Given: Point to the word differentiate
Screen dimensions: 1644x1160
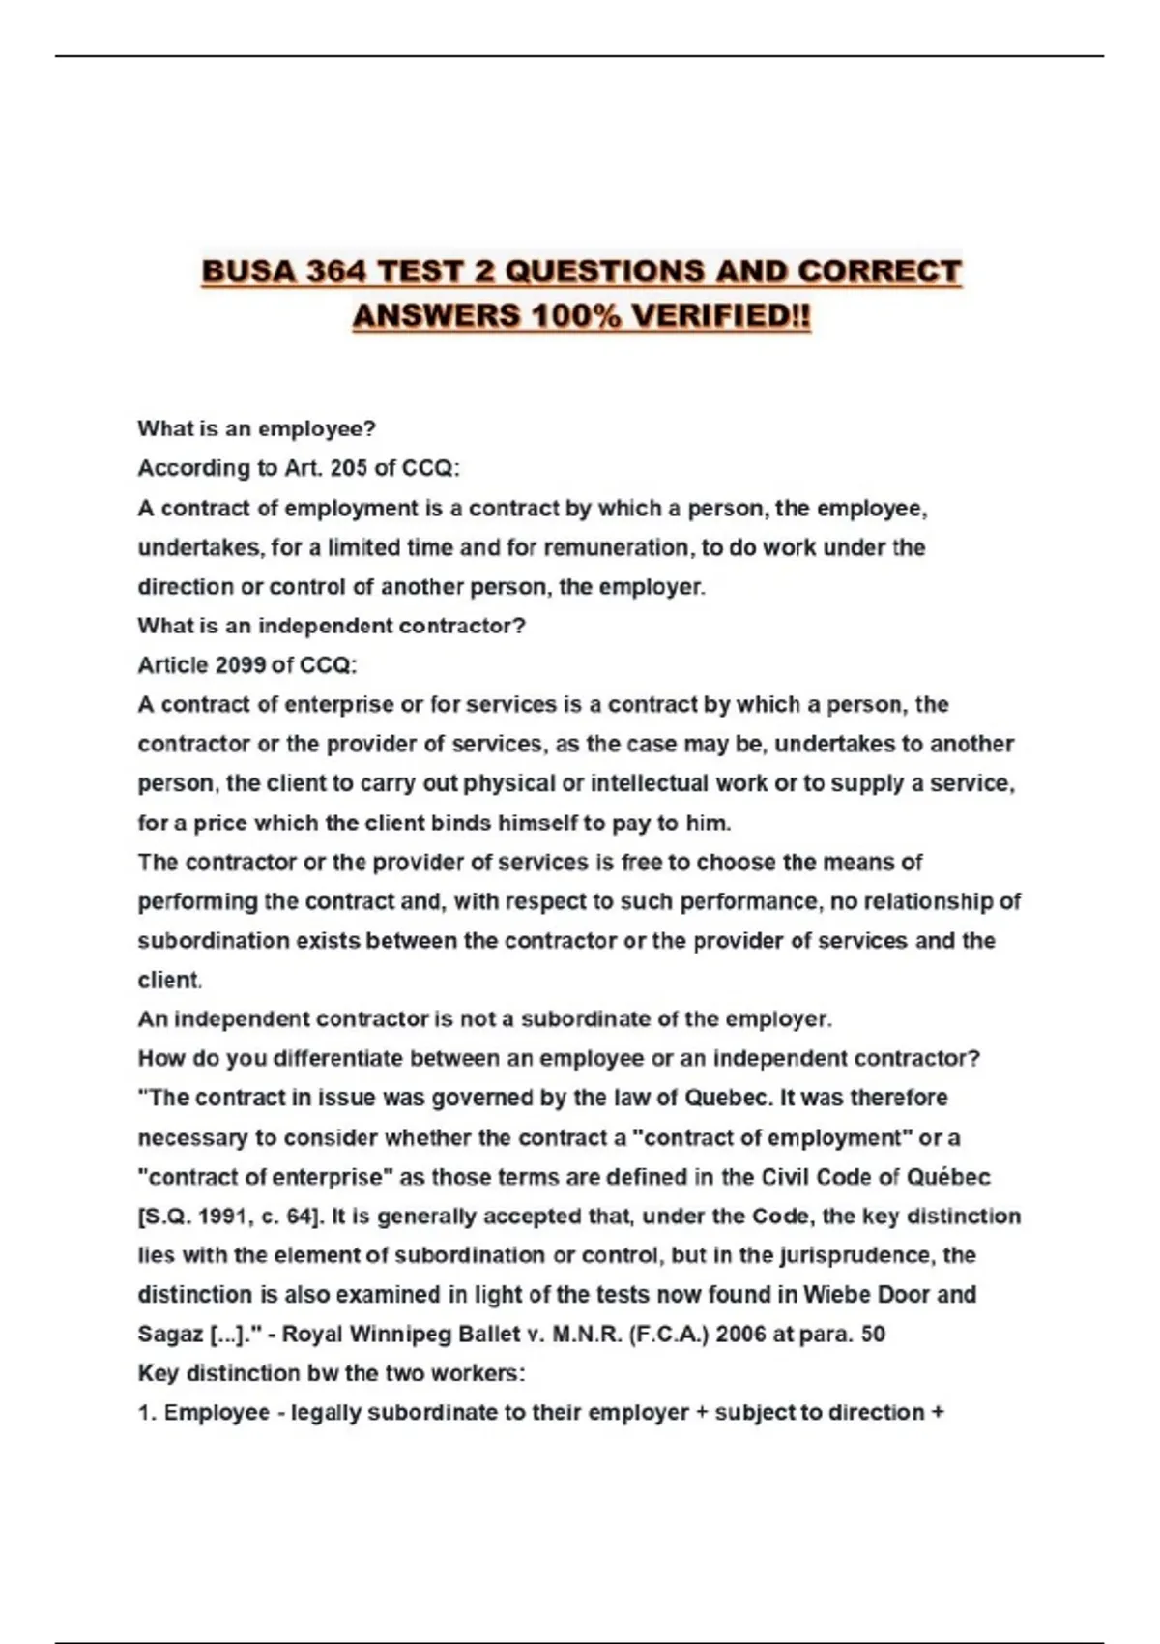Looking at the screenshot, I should tap(337, 1059).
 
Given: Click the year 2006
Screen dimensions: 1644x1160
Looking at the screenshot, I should tap(744, 1335).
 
